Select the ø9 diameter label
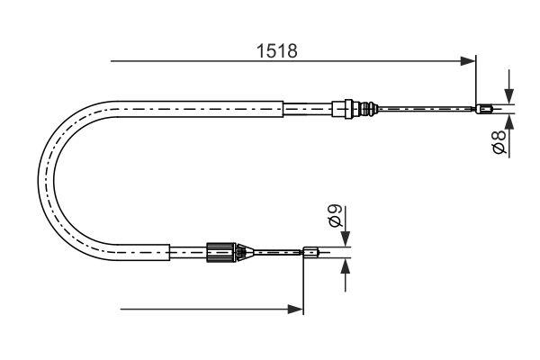point(333,217)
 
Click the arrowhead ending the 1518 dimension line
point(468,61)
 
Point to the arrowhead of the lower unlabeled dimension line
point(296,310)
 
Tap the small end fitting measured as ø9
point(310,253)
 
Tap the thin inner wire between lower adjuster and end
point(274,253)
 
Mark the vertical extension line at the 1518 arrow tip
point(476,81)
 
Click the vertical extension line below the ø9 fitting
point(304,288)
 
